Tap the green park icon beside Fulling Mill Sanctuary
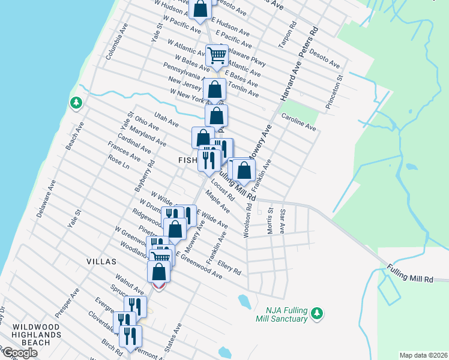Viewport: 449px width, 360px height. tap(318, 313)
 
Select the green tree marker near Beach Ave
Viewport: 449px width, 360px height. tap(76, 103)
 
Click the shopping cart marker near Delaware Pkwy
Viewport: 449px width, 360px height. tap(217, 56)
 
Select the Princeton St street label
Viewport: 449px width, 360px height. tap(335, 91)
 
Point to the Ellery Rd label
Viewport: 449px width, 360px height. tap(229, 267)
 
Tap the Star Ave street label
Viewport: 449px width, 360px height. tap(282, 221)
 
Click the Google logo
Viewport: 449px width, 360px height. tap(20, 353)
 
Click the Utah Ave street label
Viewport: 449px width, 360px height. tap(166, 119)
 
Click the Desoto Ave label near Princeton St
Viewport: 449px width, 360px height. tap(325, 59)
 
